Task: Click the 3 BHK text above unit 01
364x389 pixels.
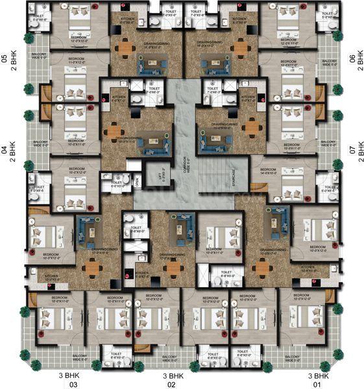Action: [318, 375]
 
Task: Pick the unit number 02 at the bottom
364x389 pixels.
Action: [173, 384]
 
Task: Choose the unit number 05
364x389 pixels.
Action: [5, 58]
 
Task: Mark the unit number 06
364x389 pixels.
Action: [352, 58]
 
